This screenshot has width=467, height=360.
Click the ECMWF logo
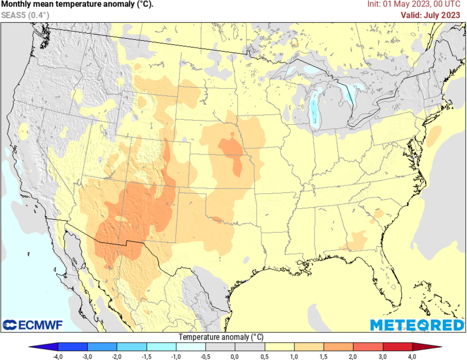(33, 325)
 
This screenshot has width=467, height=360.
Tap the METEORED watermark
(417, 325)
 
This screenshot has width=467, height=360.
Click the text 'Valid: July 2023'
(430, 15)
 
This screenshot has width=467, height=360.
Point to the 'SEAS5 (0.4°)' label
(25, 15)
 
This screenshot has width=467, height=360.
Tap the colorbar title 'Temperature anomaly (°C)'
(221, 337)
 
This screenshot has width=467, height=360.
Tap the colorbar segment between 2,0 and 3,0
(368, 347)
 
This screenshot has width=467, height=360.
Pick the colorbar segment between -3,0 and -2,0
(102, 347)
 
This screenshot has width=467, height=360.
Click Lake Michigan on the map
(315, 109)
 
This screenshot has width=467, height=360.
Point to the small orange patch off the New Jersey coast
(435, 134)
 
